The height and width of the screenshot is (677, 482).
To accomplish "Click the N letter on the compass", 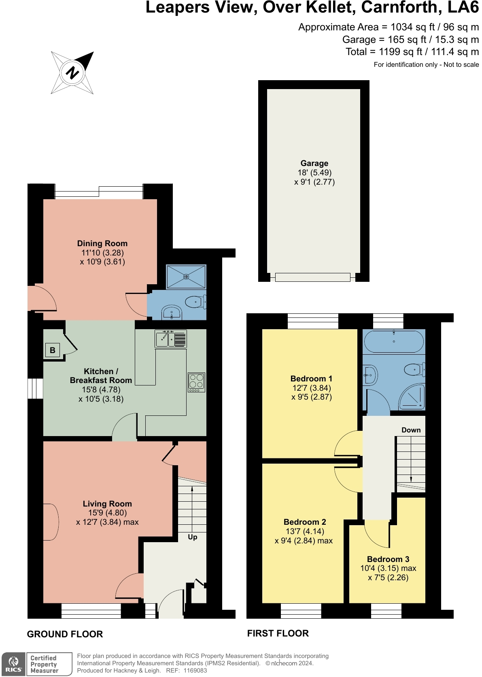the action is coord(72,72).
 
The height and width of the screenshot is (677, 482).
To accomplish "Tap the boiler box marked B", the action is coord(53,350).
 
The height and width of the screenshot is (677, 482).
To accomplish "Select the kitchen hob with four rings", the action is coord(196,382).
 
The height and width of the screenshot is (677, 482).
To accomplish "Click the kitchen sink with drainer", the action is coord(171,338).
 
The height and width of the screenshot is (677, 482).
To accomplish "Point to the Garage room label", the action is coord(314,163).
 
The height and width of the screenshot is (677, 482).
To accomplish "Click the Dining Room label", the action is coord(102,243).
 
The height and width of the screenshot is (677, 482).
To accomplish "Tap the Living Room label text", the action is coord(107,504).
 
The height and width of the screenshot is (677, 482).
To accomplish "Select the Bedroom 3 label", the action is coord(388,559).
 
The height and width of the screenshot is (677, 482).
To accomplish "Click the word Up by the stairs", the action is coord(192,537).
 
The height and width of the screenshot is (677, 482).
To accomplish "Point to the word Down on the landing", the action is coord(411,430).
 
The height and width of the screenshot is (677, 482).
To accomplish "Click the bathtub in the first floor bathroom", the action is coord(394,341).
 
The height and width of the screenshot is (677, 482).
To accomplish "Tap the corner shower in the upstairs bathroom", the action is coord(412,397).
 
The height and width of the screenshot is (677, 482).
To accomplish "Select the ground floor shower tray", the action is coord(186,277).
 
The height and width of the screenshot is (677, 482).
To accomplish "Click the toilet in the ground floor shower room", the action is coord(196,302).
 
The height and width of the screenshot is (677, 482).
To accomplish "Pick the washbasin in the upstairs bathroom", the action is coord(370,375).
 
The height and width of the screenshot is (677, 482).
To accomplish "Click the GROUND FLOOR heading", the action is coord(65,634).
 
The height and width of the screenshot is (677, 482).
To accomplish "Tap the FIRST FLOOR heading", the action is coord(278,633).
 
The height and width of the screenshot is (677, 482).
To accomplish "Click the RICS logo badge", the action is coord(13,664).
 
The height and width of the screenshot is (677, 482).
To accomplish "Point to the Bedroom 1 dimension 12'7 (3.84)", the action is coord(311,388).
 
